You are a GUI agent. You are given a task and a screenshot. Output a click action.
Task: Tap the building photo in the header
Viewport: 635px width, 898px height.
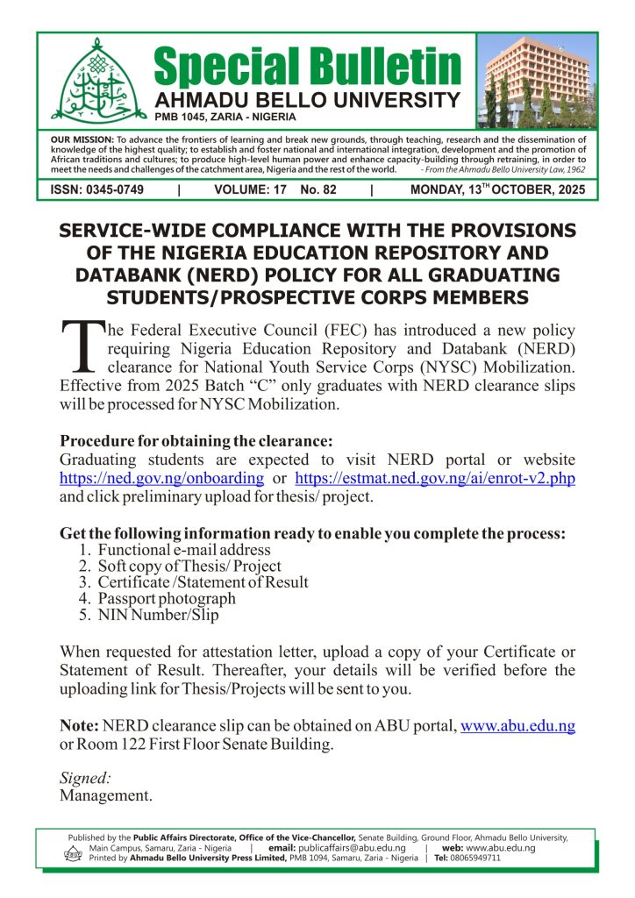(x=536, y=82)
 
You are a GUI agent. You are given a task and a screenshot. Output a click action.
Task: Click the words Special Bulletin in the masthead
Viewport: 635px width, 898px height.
(x=307, y=67)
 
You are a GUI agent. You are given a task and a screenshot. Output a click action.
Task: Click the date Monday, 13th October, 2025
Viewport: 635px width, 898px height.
(x=503, y=189)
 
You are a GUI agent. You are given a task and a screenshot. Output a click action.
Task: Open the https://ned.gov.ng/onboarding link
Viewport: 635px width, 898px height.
(x=161, y=478)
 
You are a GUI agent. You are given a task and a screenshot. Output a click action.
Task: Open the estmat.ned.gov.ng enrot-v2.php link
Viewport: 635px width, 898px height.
(x=435, y=478)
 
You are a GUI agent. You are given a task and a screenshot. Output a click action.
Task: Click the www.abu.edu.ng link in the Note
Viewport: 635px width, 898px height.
(x=517, y=727)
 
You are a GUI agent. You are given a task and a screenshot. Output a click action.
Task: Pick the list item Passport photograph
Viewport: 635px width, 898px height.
(x=167, y=599)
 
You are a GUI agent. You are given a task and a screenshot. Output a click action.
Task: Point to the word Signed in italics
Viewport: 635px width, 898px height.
(x=85, y=778)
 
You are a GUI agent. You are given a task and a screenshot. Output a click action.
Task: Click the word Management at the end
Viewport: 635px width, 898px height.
(x=105, y=795)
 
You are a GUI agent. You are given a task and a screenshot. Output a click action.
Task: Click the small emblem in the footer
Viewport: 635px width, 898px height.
(x=74, y=854)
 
